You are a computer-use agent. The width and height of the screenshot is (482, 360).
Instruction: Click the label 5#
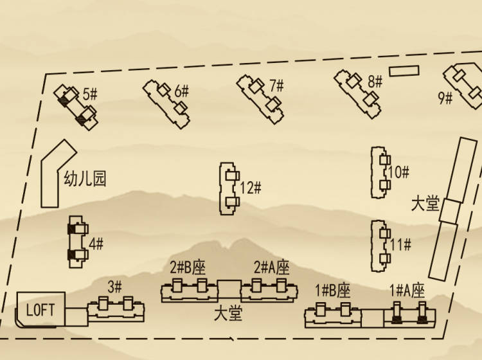[90, 94]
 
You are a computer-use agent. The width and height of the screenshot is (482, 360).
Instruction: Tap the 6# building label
[182, 91]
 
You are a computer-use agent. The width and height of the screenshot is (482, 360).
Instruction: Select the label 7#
[276, 85]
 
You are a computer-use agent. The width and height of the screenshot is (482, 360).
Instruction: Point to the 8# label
[375, 82]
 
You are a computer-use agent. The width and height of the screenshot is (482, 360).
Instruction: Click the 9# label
[445, 98]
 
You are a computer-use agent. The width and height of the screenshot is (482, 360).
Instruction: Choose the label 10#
[398, 172]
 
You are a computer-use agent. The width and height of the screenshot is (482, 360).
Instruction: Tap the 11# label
[400, 245]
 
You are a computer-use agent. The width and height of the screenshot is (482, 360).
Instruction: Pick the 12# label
[250, 188]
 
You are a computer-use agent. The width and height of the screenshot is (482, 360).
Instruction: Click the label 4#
[96, 244]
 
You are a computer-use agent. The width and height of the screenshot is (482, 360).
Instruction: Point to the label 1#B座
[333, 291]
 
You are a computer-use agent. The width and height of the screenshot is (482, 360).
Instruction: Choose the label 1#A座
[407, 291]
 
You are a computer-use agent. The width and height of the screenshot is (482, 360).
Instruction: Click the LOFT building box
[41, 309]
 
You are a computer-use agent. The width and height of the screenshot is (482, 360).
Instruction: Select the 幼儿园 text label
[84, 179]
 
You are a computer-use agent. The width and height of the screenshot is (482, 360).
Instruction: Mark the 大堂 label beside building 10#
[425, 204]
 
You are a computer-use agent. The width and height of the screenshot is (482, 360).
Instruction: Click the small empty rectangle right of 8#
[404, 70]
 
